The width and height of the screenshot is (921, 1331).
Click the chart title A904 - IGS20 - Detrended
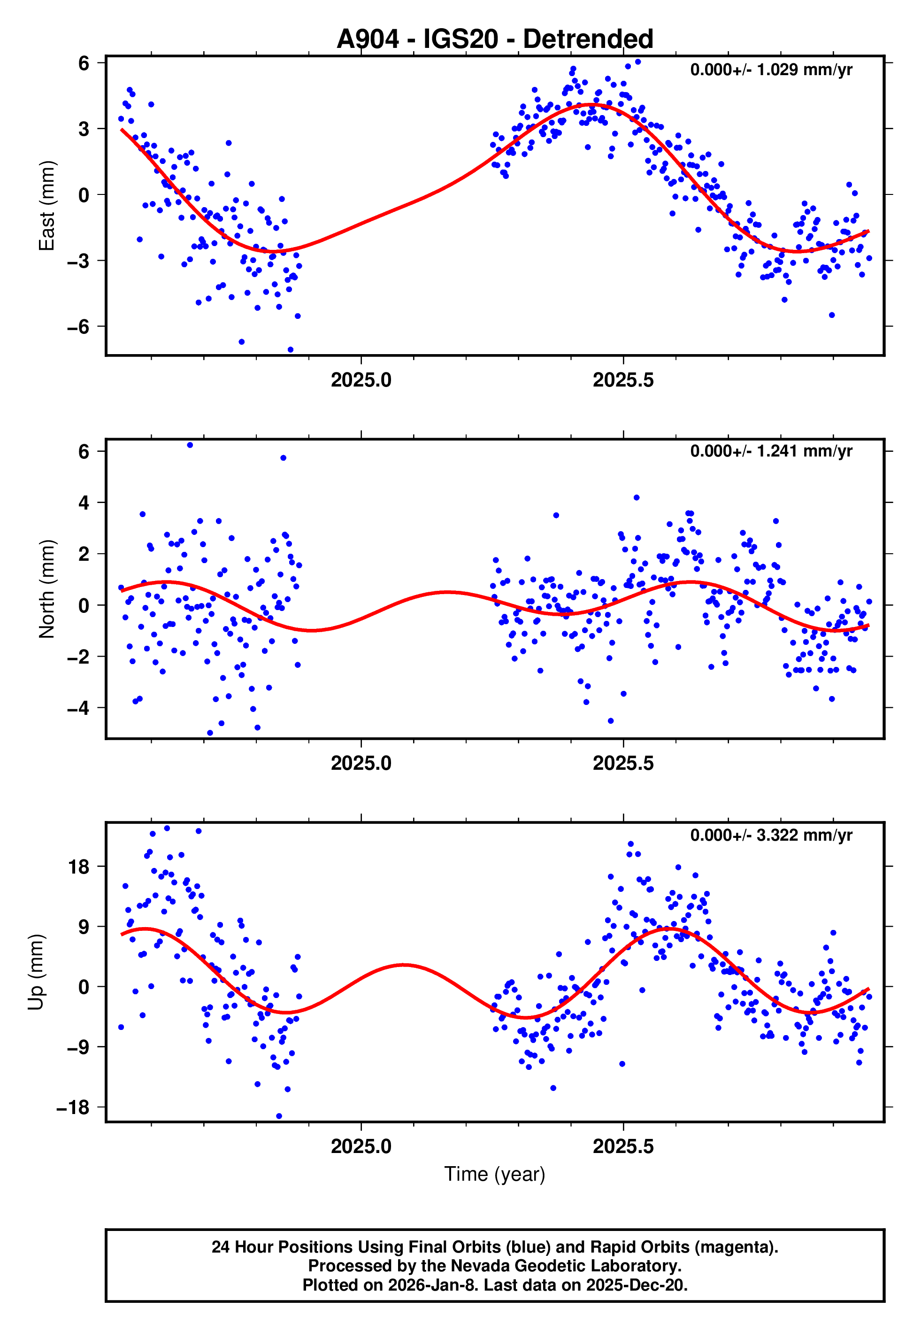click(495, 39)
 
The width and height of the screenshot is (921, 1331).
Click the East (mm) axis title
click(47, 206)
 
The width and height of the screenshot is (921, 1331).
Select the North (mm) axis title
click(47, 589)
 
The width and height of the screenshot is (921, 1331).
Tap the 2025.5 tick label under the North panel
click(623, 763)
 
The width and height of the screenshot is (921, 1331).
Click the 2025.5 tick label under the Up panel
click(623, 1146)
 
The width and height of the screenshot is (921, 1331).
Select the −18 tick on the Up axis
click(73, 1107)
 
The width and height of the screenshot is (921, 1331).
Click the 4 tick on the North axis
click(84, 503)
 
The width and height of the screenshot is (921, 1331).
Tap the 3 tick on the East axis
click(84, 129)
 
